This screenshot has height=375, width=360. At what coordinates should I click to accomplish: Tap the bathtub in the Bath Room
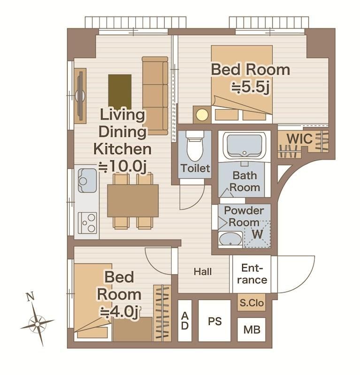[x=245, y=146]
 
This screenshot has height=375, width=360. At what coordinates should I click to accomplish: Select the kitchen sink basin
[x=87, y=180]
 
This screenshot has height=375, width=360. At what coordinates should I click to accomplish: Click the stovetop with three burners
[x=87, y=223]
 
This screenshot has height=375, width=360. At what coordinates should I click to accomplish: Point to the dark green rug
[x=120, y=92]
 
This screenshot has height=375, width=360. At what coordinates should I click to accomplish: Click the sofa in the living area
[x=155, y=96]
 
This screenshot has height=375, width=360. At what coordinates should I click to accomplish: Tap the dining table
[x=133, y=201]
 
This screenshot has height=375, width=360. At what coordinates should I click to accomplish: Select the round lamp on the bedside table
[x=202, y=114]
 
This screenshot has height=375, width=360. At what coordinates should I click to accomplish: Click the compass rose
[x=37, y=324]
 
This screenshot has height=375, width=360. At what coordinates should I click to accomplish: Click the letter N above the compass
[x=30, y=297]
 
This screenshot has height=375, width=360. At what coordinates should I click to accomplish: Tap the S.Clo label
[x=252, y=303]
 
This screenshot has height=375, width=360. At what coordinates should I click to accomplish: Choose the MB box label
[x=252, y=330]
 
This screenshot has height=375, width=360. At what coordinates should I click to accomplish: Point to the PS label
[x=215, y=322]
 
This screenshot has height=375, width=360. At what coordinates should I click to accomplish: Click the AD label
[x=184, y=321]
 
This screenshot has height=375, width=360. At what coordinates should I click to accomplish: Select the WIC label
[x=299, y=139]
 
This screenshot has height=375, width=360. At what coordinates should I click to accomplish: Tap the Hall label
[x=203, y=272]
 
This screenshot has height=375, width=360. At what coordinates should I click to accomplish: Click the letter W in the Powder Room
[x=257, y=234]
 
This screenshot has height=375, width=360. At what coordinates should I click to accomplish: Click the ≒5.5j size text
[x=251, y=88]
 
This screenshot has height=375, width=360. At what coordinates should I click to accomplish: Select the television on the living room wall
[x=80, y=96]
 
